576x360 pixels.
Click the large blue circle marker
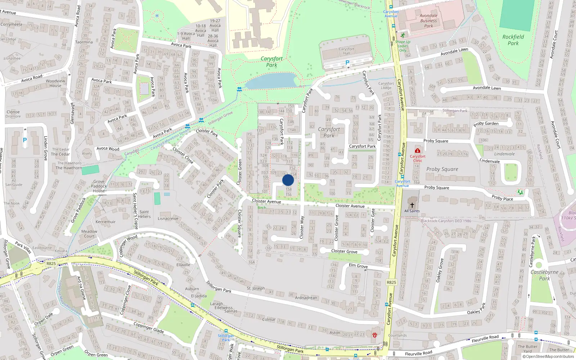[288, 180]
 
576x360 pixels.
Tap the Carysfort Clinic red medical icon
[417, 150]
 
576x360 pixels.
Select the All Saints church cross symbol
[412, 205]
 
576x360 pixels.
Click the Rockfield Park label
[513, 40]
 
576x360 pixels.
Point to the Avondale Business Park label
[428, 21]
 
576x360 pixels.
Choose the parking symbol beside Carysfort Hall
[347, 63]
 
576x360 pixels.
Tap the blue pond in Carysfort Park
[271, 81]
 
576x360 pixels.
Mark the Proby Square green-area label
[442, 169]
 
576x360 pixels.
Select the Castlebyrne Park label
[544, 275]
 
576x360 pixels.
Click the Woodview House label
[55, 83]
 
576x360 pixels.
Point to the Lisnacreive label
[168, 219]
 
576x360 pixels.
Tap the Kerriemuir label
[105, 222]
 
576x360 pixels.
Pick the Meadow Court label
[89, 234]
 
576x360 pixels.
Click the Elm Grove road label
[358, 266]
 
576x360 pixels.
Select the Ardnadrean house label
[306, 298]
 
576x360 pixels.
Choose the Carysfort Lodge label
[386, 86]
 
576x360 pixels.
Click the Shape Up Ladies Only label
[402, 46]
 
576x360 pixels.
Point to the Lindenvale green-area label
[504, 154]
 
